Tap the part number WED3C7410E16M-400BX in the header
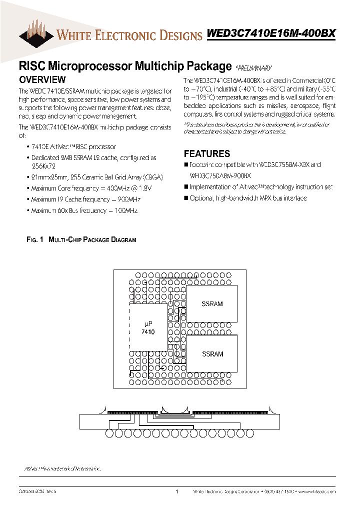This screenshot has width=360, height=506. (271, 33)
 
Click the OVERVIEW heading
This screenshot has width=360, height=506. (42, 79)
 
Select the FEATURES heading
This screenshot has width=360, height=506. (207, 154)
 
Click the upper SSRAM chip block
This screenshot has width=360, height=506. (212, 303)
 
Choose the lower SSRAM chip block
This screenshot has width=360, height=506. (212, 354)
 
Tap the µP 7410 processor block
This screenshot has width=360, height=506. (148, 328)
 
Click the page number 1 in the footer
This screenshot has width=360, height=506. (177, 492)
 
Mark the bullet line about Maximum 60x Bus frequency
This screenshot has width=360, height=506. (84, 210)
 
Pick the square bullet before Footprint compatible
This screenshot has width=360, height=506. (186, 165)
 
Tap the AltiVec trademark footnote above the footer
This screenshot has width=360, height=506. (63, 469)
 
